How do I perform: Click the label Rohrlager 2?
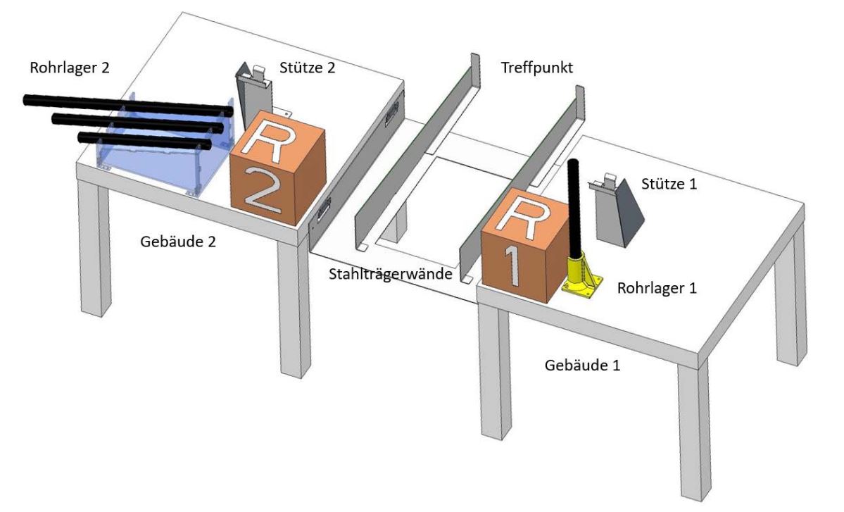70,68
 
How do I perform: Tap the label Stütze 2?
307,68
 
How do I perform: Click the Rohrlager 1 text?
657,287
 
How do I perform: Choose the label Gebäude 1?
584,366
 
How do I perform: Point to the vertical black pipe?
573,204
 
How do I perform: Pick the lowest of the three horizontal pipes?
144,139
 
